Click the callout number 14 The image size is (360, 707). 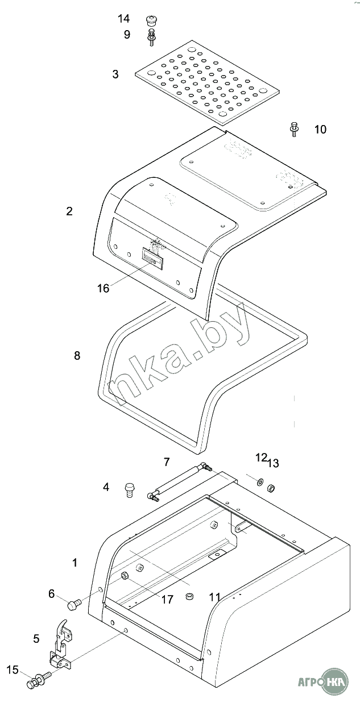[x=123, y=19]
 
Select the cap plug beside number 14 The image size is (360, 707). [x=152, y=22]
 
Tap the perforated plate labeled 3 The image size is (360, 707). [x=208, y=82]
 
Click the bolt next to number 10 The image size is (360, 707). [x=294, y=129]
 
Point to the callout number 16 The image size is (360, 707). [x=104, y=288]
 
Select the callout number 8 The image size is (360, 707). [x=77, y=356]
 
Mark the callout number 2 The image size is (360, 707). [x=69, y=211]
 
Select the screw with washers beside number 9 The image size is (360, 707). [x=152, y=38]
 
